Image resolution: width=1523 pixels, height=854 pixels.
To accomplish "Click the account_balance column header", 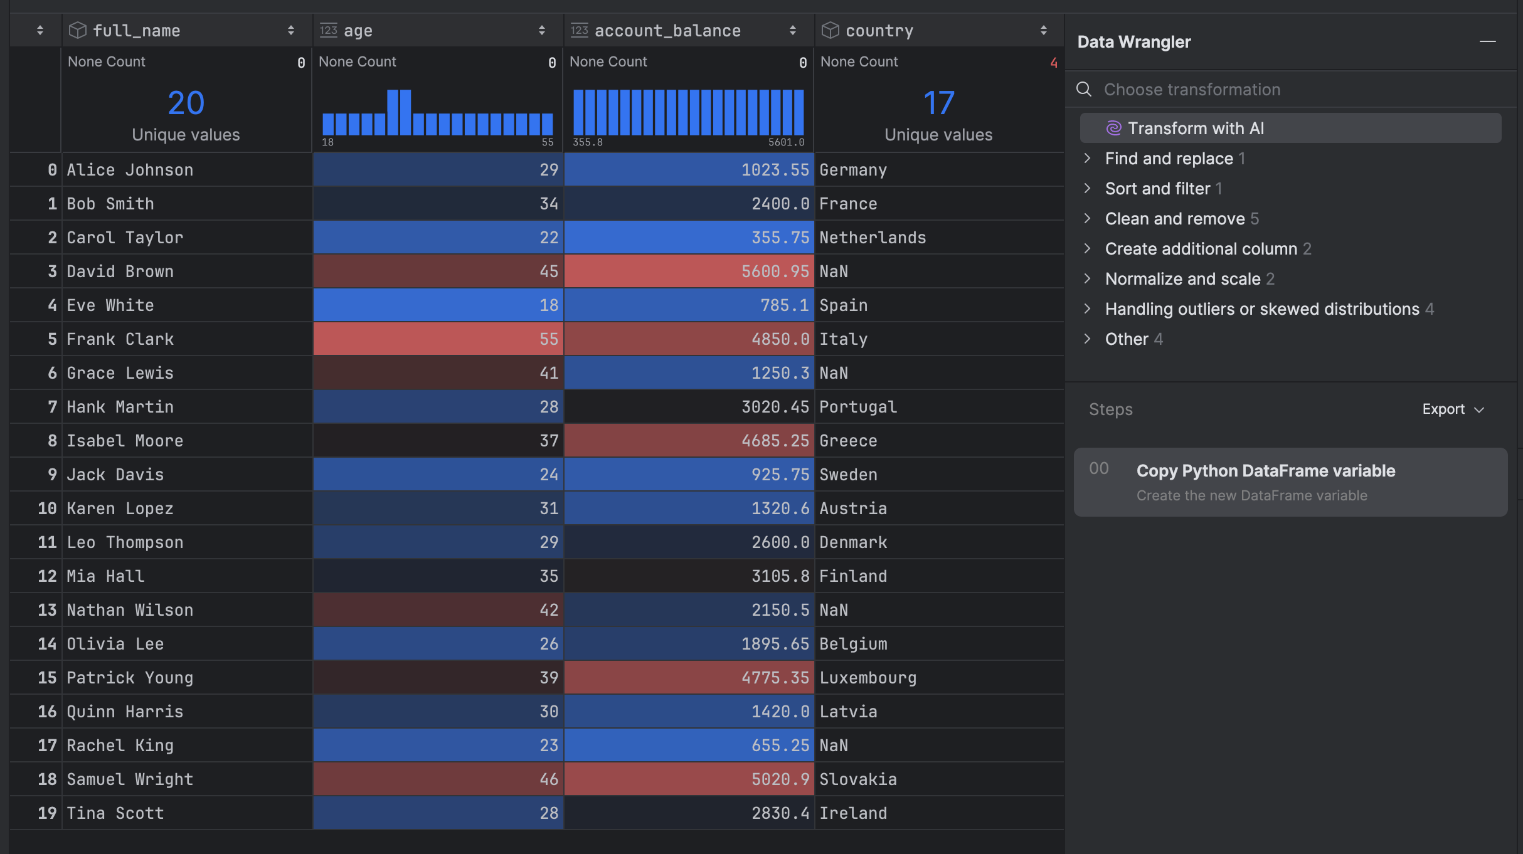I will point(667,31).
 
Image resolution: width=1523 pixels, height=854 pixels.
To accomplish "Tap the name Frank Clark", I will point(120,339).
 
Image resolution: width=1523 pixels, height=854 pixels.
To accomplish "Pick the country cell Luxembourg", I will point(868,678).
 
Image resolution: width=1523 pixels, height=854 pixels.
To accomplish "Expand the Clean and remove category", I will point(1174,219).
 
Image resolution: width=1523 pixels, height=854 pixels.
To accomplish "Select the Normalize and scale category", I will point(1182,279).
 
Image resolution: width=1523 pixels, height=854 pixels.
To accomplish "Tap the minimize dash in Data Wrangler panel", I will point(1487,42).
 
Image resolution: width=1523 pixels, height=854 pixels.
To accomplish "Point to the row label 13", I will point(47,610).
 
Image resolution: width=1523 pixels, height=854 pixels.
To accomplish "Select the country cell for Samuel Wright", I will point(858,779).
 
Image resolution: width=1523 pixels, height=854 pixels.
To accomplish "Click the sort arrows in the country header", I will point(1043,31).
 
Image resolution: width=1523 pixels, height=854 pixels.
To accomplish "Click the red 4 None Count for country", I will point(1053,63).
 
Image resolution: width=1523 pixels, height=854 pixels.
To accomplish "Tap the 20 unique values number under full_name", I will point(186,103).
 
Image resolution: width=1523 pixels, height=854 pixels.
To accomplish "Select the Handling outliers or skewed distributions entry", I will point(1261,309).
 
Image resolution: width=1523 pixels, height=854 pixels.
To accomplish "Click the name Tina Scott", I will point(115,813).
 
